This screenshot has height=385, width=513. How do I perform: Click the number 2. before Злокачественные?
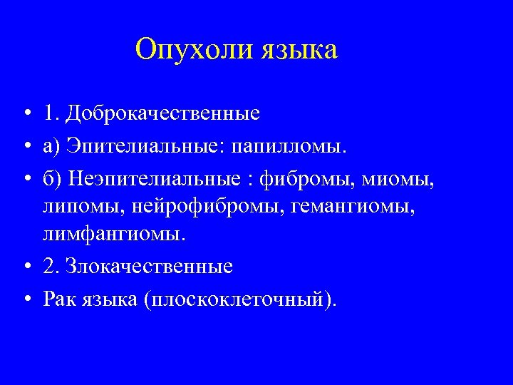51,267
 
